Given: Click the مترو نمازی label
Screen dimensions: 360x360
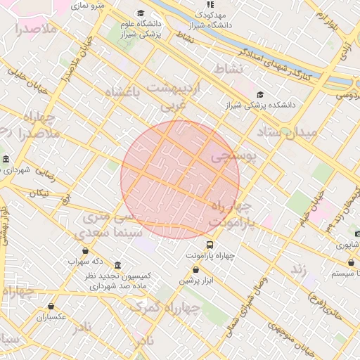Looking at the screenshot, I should pos(91,6).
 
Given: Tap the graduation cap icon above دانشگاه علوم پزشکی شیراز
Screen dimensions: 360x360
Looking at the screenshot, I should pos(141,13).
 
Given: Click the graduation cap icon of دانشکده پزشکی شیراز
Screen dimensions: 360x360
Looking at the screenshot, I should pos(260,95).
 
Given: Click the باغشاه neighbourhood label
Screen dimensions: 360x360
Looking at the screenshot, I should pos(123,91).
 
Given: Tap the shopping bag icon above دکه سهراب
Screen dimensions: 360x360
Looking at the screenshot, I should pos(86,250).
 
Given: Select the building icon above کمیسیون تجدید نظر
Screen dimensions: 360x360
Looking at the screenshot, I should pos(117,265).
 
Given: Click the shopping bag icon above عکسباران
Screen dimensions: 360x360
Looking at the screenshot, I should pos(51,306).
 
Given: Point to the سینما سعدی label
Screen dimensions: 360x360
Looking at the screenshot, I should pos(117,232).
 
